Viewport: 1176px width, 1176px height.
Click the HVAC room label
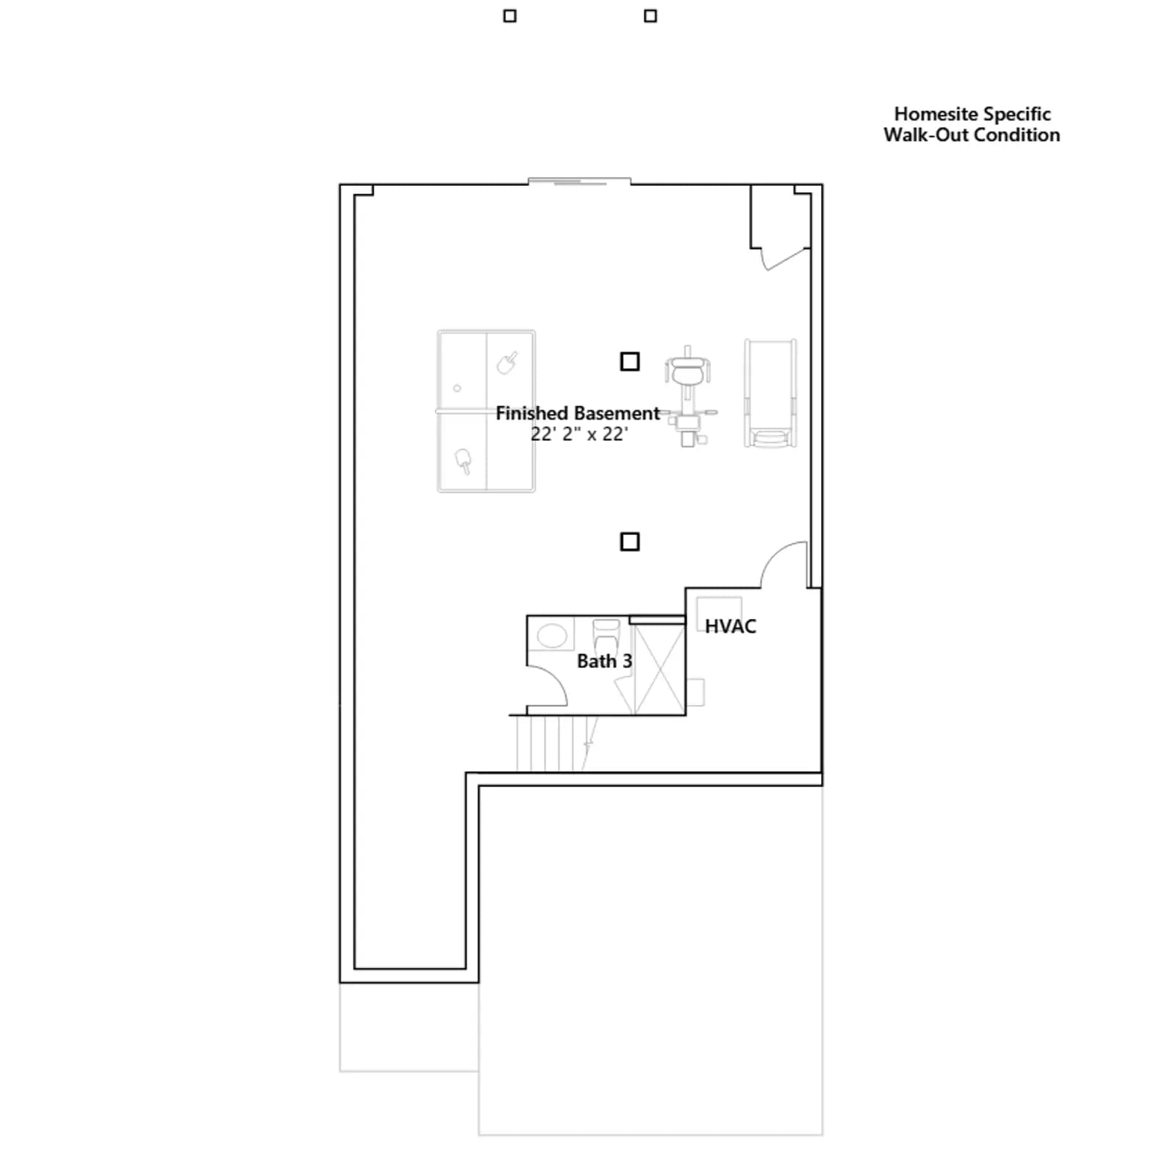730,626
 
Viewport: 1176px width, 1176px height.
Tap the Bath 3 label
604,661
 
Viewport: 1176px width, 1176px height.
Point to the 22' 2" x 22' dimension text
579,434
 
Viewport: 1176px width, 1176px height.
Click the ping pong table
486,411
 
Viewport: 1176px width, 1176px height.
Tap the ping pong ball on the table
457,388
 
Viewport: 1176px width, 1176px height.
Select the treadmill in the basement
770,392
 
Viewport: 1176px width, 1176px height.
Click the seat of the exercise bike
687,373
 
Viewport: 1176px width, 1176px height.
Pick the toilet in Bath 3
606,636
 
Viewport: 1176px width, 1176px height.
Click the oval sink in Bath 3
552,634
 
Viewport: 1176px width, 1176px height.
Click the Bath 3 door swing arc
556,678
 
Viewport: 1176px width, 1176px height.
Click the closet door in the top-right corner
786,259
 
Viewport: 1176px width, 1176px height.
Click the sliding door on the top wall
579,181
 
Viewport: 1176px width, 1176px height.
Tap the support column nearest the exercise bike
630,362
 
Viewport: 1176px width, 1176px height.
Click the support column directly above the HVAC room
630,542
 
